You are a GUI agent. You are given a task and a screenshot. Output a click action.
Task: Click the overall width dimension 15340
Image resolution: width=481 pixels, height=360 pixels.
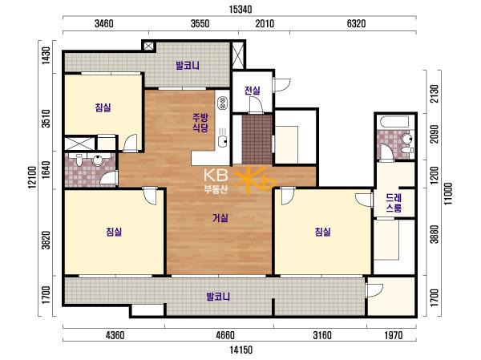[x=240, y=9]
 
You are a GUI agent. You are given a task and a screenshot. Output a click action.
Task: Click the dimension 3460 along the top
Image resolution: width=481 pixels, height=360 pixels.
[x=104, y=23]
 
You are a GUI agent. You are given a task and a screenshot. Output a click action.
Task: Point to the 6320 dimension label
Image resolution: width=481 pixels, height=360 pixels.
[x=357, y=23]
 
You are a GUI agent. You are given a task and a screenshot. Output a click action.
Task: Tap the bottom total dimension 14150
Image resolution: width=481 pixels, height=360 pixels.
[x=240, y=350]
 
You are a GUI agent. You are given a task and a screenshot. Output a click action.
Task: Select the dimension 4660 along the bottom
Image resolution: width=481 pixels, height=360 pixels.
[x=225, y=335]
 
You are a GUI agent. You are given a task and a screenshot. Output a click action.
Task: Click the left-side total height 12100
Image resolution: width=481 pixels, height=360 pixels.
[x=33, y=177]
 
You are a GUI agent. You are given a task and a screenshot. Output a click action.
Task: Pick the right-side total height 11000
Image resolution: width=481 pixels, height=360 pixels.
[x=448, y=194]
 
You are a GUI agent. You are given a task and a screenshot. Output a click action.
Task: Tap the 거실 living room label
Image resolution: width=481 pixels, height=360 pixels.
[x=220, y=218]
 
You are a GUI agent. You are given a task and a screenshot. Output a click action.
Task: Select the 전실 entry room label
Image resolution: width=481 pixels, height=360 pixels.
[x=253, y=91]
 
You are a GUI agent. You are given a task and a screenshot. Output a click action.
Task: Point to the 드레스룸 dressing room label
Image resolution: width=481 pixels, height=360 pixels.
[x=394, y=203]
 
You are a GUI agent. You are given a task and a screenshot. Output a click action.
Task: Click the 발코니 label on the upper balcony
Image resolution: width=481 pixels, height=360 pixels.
[x=188, y=66]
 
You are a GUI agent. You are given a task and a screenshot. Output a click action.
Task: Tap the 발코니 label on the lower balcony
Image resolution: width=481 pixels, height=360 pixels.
[x=218, y=297]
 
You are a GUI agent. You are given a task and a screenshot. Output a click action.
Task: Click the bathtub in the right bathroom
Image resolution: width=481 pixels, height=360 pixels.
[x=394, y=122]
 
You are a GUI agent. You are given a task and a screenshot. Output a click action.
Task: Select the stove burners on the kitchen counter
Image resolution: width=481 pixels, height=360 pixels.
[x=222, y=103]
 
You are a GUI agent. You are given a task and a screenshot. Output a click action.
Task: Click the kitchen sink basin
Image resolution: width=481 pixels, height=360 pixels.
[x=222, y=141]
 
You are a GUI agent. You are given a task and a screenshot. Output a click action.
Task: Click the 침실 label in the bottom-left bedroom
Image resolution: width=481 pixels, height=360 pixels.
[x=114, y=232]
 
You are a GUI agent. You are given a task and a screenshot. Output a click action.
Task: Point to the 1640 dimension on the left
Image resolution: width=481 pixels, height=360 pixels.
[x=46, y=170]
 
